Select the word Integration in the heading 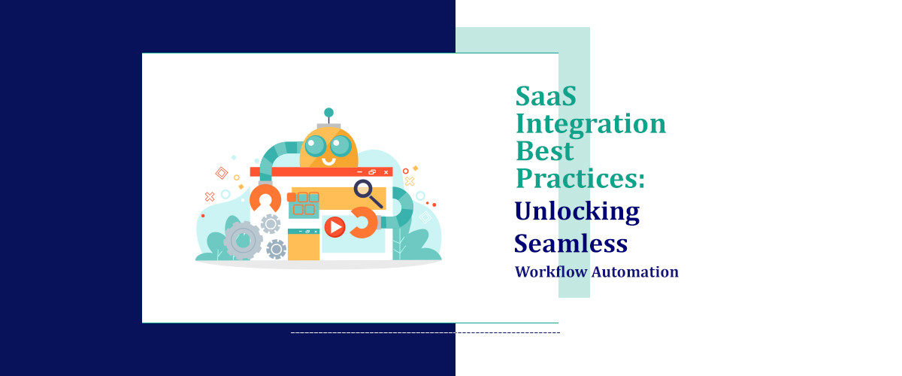pos(590,123)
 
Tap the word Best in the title pos(544,150)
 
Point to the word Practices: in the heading pos(580,178)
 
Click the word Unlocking pos(577,211)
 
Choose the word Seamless pos(571,242)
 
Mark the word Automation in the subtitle pos(634,271)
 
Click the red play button pos(334,226)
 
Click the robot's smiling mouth pos(328,159)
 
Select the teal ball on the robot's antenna pos(328,113)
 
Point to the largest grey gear pos(243,240)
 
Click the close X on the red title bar pos(386,172)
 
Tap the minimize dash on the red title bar pos(360,172)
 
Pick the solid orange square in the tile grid pos(292,197)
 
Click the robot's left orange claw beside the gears pos(265,200)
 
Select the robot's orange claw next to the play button pos(364,223)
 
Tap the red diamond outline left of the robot pos(222,173)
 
